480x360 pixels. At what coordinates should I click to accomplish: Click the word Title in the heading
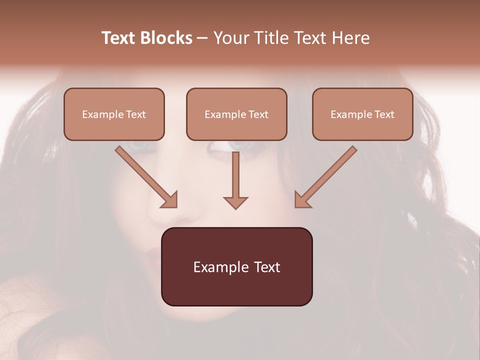click(267, 38)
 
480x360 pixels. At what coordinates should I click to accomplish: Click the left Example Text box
click(114, 114)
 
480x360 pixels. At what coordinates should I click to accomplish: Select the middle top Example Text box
click(236, 114)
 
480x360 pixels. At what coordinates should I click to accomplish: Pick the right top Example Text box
click(362, 114)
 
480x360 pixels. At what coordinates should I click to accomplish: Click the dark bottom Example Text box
click(236, 267)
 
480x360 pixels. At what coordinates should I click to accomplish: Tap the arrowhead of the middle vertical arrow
click(235, 202)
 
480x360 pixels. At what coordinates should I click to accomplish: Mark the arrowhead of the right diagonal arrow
click(301, 200)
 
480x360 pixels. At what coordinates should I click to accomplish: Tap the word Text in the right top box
click(384, 114)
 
